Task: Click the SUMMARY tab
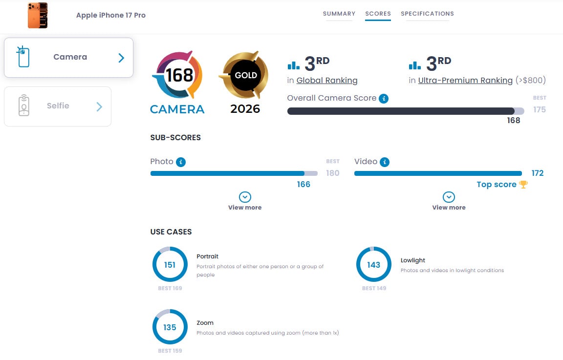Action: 339,14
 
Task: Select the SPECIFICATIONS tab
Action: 427,14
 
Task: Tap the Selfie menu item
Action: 58,106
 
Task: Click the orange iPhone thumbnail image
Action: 38,15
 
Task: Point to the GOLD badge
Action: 245,75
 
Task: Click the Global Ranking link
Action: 327,80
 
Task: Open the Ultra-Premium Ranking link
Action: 465,80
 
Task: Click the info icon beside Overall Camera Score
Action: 384,98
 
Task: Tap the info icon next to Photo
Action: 181,162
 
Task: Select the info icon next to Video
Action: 385,162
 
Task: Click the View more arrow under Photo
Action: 245,197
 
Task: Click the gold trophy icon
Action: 523,185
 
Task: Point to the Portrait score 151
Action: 170,265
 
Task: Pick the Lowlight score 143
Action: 373,265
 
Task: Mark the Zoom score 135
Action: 170,327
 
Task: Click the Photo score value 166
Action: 303,185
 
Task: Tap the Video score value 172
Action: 538,173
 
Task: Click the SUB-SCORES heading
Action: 175,138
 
